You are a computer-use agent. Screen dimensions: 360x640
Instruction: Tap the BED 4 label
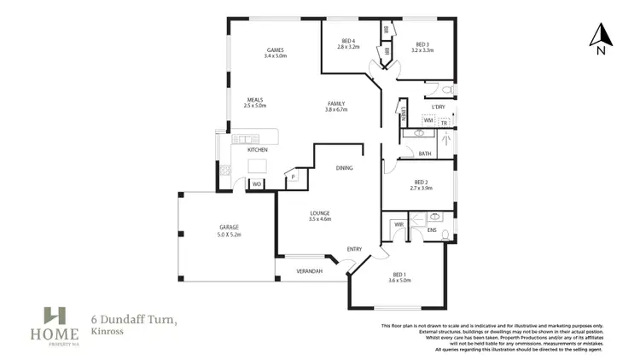point(348,41)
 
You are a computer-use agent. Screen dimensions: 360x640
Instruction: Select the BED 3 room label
point(422,44)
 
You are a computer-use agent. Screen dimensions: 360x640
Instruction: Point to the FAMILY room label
point(335,103)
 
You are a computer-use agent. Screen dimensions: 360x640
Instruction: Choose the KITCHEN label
point(258,149)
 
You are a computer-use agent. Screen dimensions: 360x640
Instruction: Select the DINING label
point(344,168)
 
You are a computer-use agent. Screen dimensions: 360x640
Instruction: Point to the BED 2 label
point(421,182)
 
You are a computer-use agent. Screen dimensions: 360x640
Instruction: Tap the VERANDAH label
point(308,270)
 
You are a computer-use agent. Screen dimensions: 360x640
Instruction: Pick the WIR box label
point(399,224)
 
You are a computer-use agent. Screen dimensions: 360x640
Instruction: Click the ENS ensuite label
point(432,231)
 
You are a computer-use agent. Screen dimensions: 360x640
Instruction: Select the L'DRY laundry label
point(438,107)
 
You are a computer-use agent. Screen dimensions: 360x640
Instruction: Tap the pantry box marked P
point(294,177)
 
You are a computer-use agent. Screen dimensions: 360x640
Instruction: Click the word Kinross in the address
point(106,331)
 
